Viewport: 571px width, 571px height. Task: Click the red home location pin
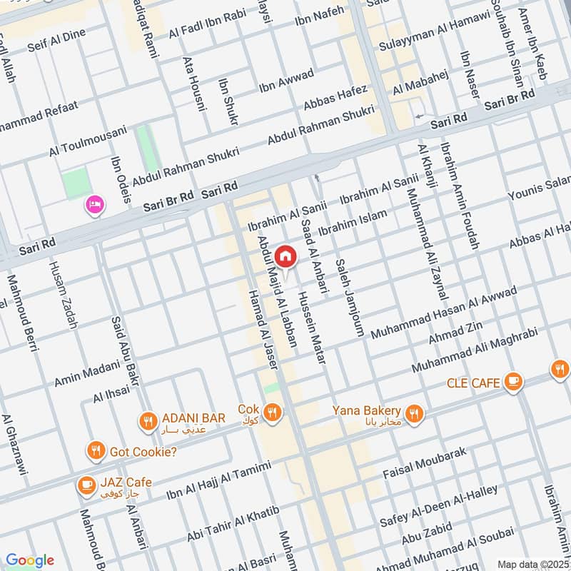point(285,255)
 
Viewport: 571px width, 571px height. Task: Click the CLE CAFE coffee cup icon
point(512,382)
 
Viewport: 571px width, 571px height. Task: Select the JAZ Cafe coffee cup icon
point(86,485)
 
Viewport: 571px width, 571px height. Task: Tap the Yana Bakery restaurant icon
point(413,413)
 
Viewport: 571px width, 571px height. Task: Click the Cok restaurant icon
point(271,412)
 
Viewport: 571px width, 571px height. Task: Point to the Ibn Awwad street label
point(286,81)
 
